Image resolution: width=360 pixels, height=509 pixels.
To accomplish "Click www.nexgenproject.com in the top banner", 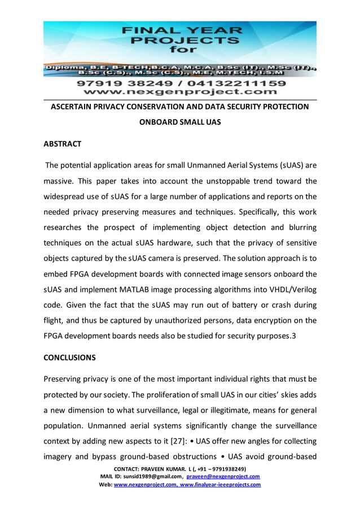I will point(179,91).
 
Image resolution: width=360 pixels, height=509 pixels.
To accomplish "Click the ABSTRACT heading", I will point(63,144).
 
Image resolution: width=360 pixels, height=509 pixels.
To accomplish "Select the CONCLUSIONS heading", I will point(70,357).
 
